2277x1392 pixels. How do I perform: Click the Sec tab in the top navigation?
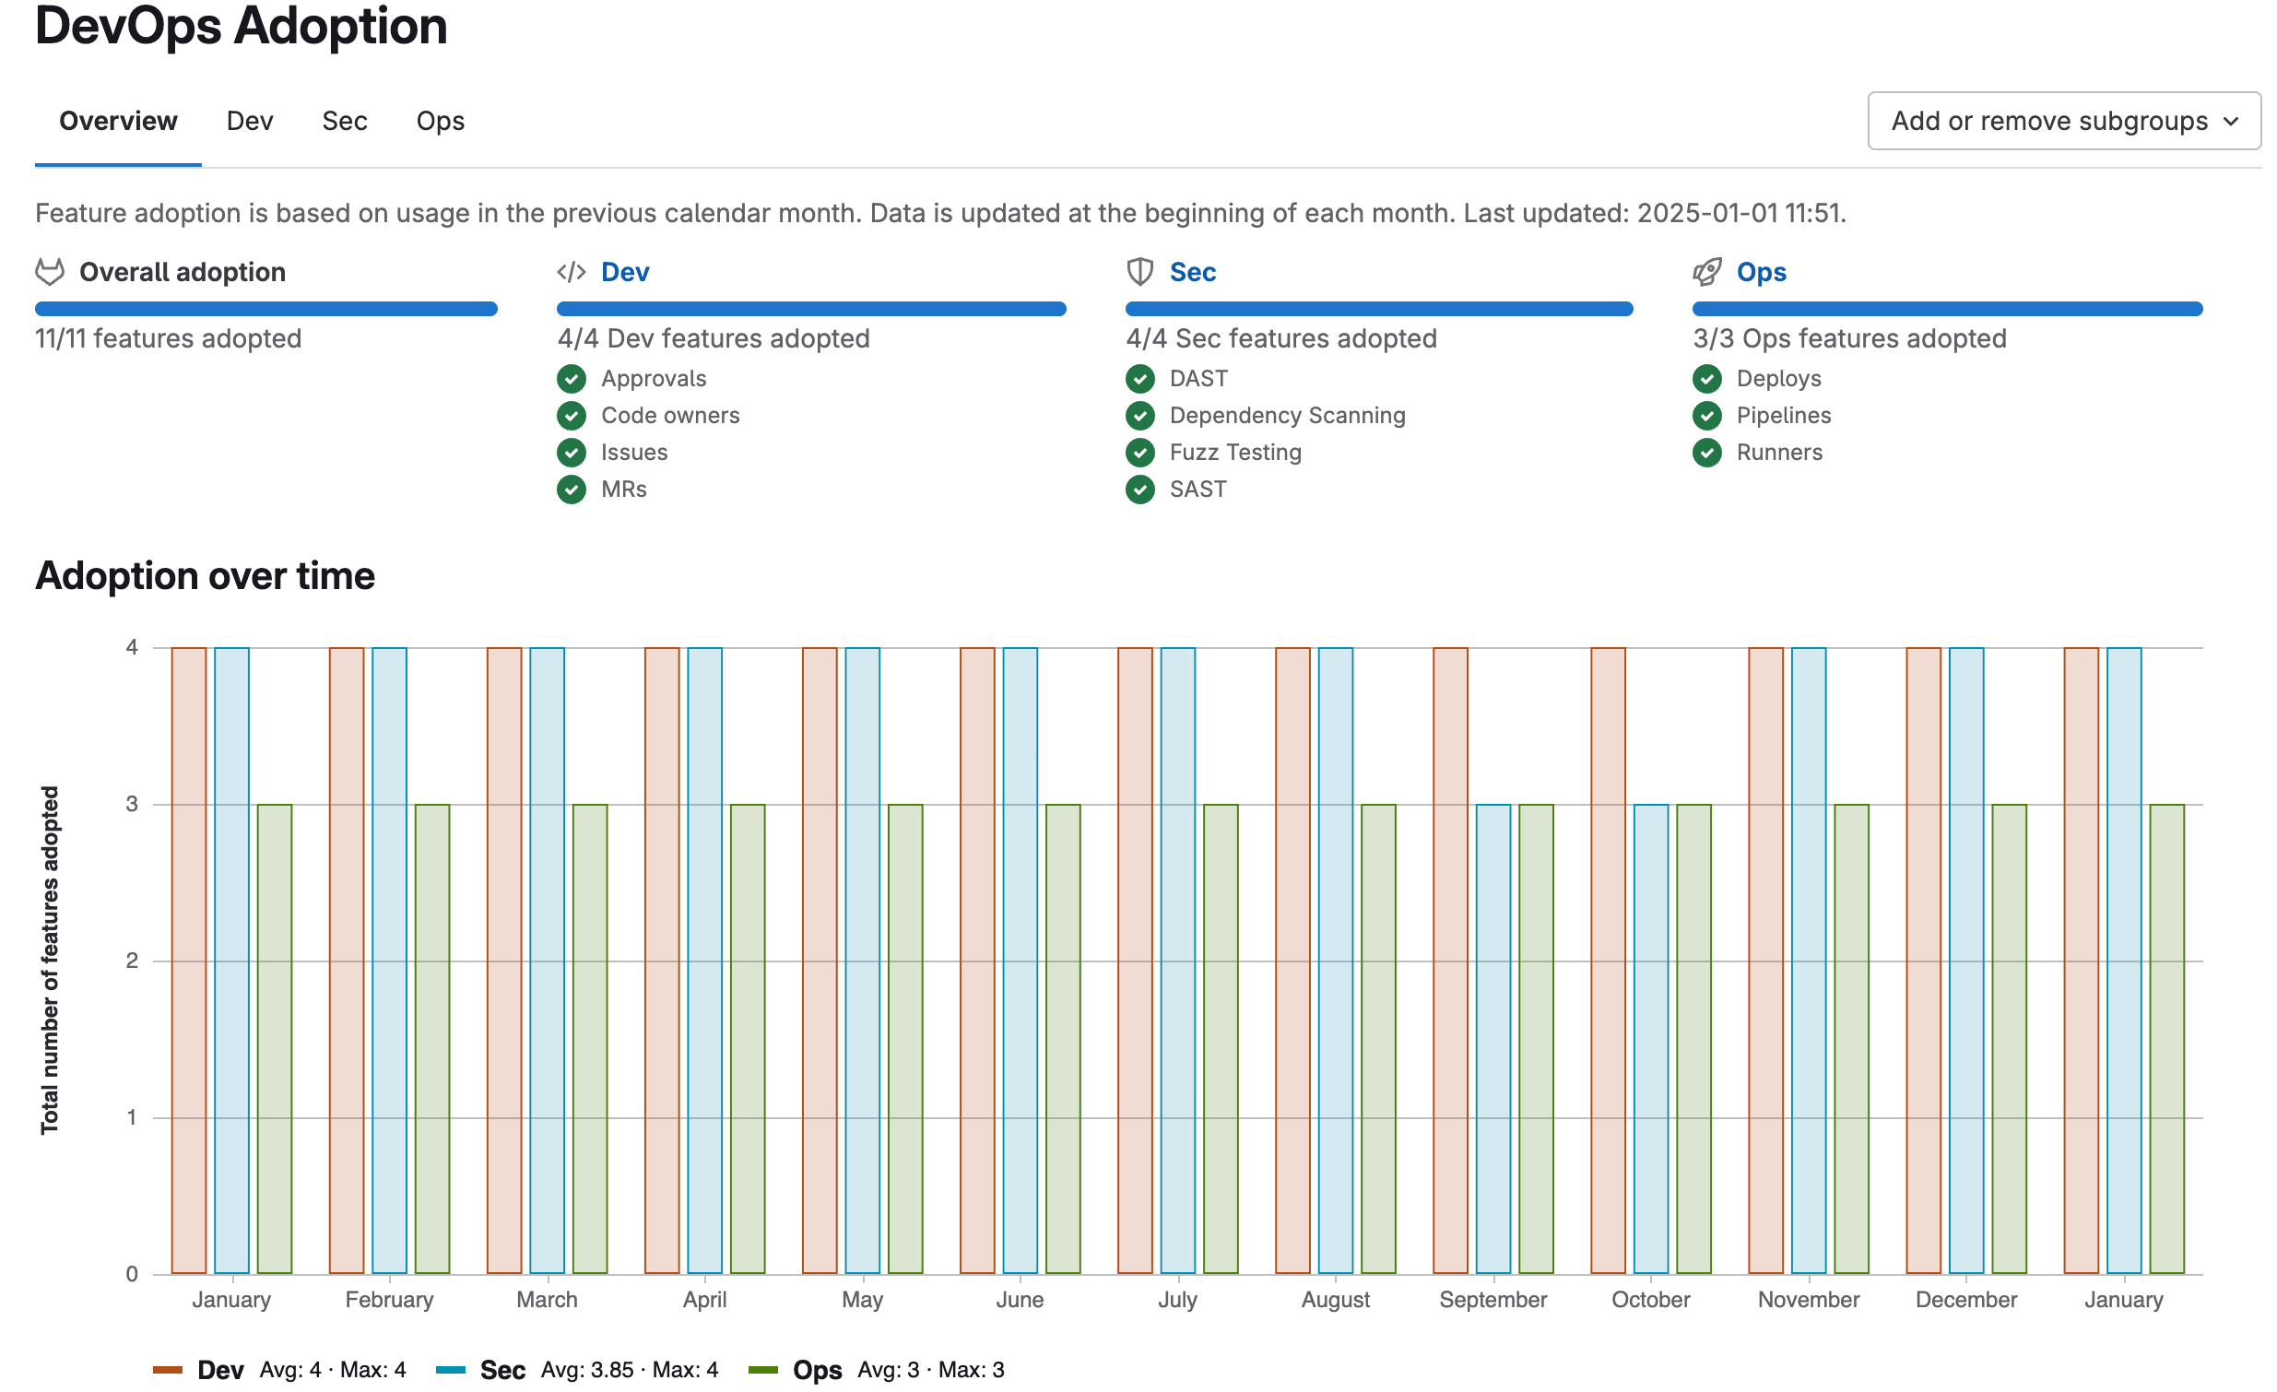(x=344, y=121)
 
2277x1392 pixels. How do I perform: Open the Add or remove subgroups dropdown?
(x=2062, y=121)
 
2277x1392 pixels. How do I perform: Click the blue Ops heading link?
(x=1761, y=272)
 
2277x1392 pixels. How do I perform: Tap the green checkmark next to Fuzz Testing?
(x=1139, y=452)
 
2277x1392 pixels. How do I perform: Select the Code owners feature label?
(x=670, y=415)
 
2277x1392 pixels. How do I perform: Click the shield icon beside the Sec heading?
(x=1139, y=272)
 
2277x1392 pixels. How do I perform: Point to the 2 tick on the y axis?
(x=132, y=961)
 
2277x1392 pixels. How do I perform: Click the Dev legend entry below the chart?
(x=220, y=1369)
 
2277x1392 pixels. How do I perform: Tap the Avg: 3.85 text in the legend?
(x=587, y=1369)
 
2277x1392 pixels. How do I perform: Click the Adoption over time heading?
(x=206, y=575)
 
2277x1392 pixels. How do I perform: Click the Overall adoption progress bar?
(x=266, y=309)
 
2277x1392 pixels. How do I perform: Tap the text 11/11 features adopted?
(x=168, y=338)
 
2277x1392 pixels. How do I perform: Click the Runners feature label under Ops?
(x=1778, y=452)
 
